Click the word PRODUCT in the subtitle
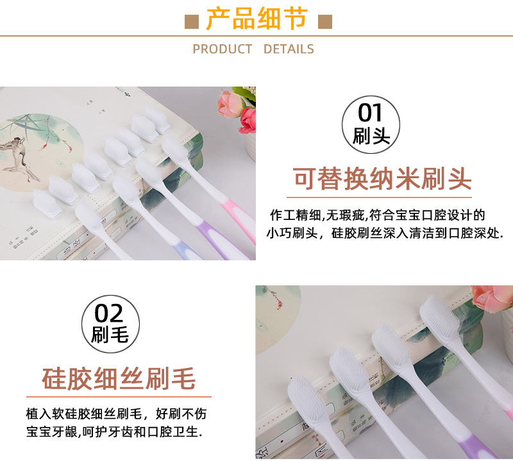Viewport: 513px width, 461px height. (x=223, y=49)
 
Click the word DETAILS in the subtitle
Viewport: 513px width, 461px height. (x=289, y=49)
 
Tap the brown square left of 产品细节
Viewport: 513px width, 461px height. (x=192, y=22)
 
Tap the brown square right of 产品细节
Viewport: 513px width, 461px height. (x=324, y=22)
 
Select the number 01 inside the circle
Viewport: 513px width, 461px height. (x=371, y=113)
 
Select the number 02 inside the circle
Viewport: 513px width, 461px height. (x=109, y=314)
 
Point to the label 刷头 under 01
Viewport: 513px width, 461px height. (x=371, y=135)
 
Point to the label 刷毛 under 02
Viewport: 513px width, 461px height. (x=110, y=335)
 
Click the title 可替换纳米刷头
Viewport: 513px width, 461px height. (x=382, y=178)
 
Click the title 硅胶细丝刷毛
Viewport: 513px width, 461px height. (x=119, y=378)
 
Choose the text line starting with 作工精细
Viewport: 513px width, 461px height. (x=377, y=214)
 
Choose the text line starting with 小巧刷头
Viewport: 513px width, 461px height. (x=385, y=233)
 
